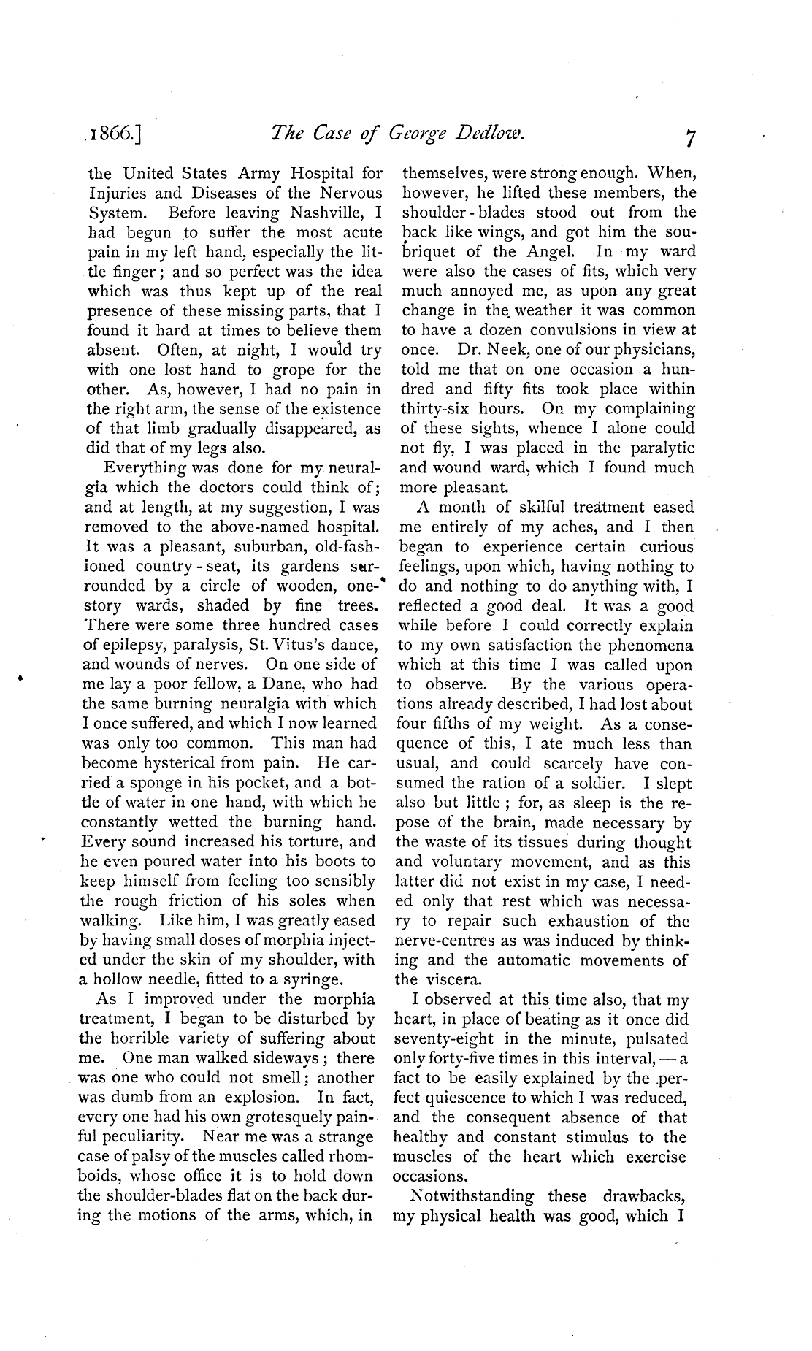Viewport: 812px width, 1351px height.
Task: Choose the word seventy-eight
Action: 443,1038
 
